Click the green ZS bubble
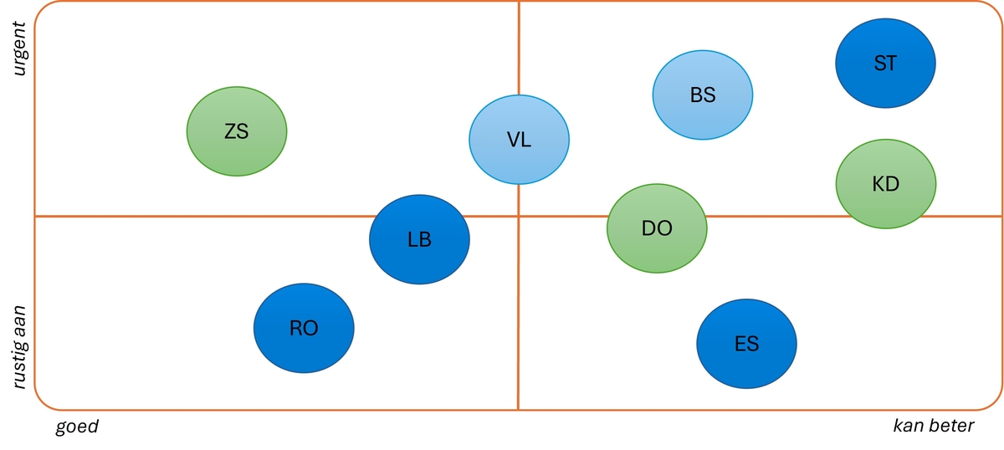tap(237, 131)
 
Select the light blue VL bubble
tap(519, 139)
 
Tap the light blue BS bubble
tap(703, 94)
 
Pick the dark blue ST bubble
tap(885, 63)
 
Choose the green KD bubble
tap(886, 183)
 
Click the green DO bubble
tap(657, 228)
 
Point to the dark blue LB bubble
tap(419, 239)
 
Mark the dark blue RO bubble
tap(304, 328)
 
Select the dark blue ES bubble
tap(746, 343)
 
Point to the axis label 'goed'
tap(77, 427)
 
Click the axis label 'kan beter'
tap(934, 426)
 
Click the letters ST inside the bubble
tap(885, 63)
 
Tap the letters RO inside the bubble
tap(304, 328)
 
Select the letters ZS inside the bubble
tap(237, 131)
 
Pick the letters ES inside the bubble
tap(746, 343)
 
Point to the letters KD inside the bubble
tap(886, 183)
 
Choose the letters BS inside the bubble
tap(703, 95)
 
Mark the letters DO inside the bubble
tap(657, 228)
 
